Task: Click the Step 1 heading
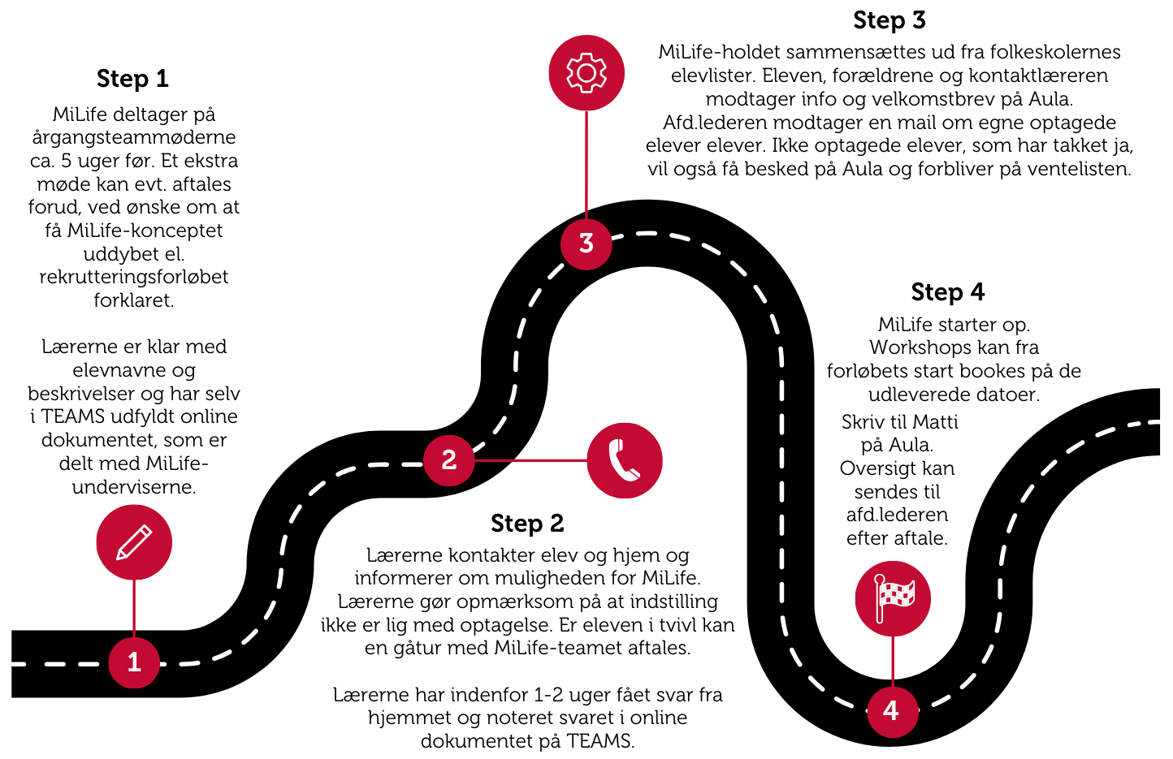point(132,79)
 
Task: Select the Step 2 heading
point(527,524)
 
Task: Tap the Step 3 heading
point(889,20)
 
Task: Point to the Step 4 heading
point(947,291)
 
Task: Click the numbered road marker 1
point(134,662)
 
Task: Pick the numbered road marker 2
point(448,460)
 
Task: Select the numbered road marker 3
point(586,243)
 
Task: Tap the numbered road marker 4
point(891,710)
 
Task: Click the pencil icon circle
point(134,542)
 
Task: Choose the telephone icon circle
point(625,460)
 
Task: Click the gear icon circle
point(586,72)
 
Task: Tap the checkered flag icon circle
point(893,598)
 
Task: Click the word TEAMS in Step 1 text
point(73,416)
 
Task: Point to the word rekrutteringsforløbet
point(134,277)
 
